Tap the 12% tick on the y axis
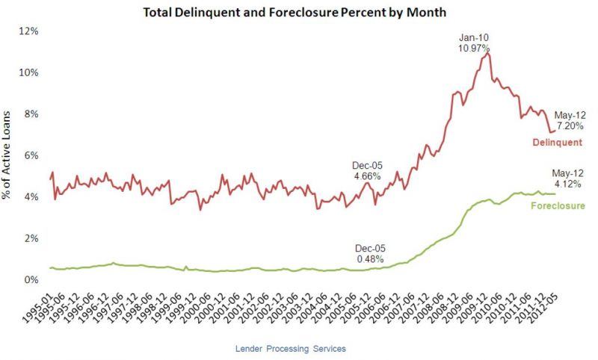(30, 31)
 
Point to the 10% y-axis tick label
(30, 72)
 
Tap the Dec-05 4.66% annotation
(367, 171)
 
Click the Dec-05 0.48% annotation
(369, 254)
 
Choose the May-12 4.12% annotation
(570, 178)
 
